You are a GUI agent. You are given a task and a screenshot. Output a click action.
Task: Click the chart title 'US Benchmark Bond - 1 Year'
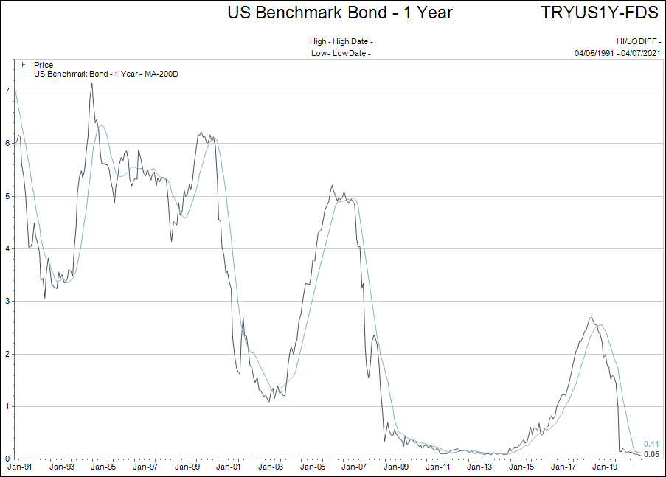pyautogui.click(x=340, y=13)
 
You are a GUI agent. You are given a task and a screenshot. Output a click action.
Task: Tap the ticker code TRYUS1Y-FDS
pyautogui.click(x=600, y=13)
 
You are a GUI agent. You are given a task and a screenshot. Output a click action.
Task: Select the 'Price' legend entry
pyautogui.click(x=44, y=66)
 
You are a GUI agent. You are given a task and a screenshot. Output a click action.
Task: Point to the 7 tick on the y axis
pyautogui.click(x=7, y=91)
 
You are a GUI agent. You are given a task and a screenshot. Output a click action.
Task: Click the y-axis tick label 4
pyautogui.click(x=7, y=248)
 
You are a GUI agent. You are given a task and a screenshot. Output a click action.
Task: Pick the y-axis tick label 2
pyautogui.click(x=7, y=354)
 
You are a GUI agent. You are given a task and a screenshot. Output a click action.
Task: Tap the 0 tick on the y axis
pyautogui.click(x=7, y=459)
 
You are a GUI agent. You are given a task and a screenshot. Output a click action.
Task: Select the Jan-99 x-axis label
pyautogui.click(x=186, y=467)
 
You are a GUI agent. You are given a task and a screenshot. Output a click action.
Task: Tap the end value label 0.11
pyautogui.click(x=651, y=444)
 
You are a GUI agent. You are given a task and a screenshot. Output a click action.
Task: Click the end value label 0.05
pyautogui.click(x=651, y=454)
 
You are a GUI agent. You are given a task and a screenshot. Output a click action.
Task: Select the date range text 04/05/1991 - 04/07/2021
pyautogui.click(x=617, y=53)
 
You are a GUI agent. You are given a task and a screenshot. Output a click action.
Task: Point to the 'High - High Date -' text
pyautogui.click(x=341, y=42)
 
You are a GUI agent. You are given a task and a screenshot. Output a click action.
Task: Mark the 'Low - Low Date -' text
pyautogui.click(x=341, y=53)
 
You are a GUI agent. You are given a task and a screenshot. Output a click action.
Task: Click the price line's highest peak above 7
pyautogui.click(x=91, y=83)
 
